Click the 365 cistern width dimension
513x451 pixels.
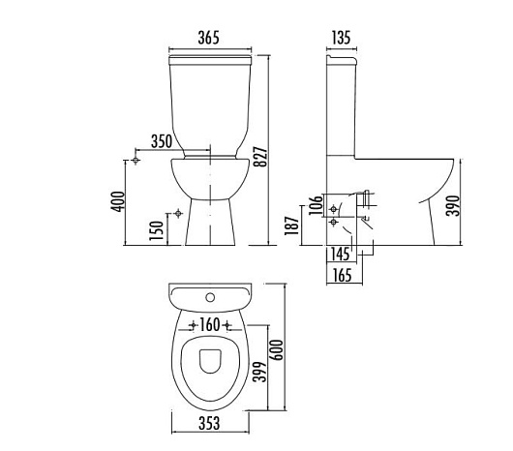coord(208,38)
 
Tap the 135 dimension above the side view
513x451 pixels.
coord(342,38)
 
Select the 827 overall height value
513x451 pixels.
coord(261,157)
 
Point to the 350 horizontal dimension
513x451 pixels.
coord(162,141)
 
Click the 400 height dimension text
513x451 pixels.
coord(118,201)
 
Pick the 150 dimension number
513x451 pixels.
coord(157,231)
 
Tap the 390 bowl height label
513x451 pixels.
coord(454,206)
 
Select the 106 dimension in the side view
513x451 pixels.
coord(317,205)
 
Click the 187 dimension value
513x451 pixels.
coord(292,225)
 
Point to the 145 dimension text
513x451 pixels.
coord(340,254)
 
